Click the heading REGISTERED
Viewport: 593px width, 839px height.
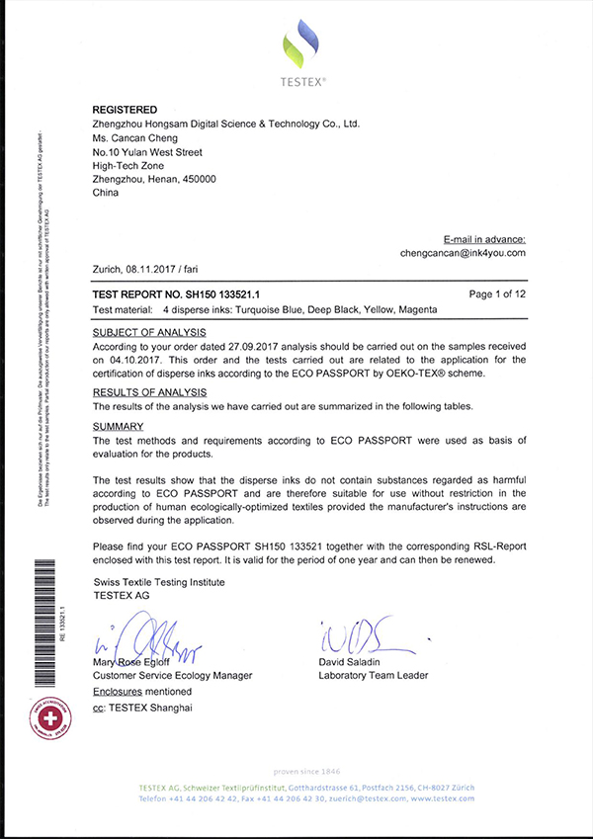coord(125,109)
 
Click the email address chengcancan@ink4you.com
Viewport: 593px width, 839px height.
coord(469,253)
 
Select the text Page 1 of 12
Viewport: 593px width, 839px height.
coord(497,294)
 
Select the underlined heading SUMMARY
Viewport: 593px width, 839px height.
coord(118,426)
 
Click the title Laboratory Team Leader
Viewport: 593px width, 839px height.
coord(373,675)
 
